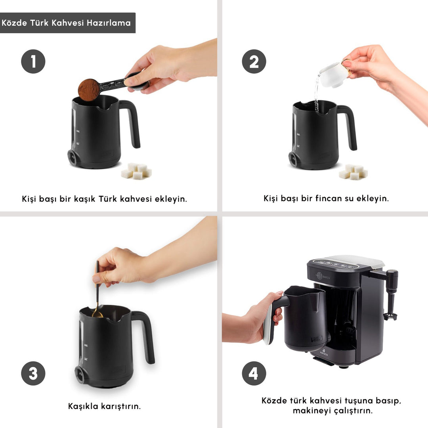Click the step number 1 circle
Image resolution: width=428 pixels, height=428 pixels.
33,61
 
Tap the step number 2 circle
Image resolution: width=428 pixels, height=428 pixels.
254,61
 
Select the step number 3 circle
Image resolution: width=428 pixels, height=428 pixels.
33,373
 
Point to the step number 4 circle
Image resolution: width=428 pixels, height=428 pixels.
254,373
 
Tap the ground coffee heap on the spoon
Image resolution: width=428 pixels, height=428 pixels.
89,90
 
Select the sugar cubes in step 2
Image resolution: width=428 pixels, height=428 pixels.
353,172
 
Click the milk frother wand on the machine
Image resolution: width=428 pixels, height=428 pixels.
391,295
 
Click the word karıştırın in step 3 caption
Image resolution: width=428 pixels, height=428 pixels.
118,406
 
